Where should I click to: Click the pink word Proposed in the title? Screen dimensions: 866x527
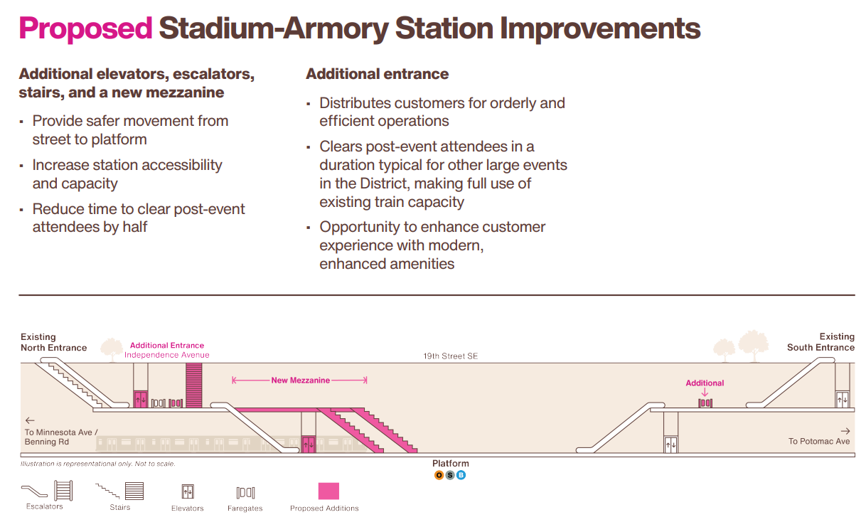click(x=85, y=29)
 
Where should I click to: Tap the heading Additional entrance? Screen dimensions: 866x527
click(x=377, y=74)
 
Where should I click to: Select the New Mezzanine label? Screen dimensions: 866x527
click(x=300, y=380)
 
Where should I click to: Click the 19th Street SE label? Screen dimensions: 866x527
click(x=450, y=356)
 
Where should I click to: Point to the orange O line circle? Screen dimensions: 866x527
click(x=439, y=475)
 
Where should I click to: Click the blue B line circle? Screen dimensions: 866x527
click(x=461, y=475)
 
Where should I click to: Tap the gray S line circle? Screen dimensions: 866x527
click(x=449, y=475)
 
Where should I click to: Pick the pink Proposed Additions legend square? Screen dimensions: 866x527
click(x=328, y=491)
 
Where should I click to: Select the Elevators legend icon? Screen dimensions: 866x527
click(x=188, y=492)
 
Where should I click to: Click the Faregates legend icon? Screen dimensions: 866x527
click(x=245, y=493)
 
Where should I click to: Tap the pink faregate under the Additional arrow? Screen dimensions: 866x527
click(x=705, y=403)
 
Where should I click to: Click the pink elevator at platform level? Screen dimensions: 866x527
click(x=308, y=445)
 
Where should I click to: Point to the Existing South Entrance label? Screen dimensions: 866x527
click(x=820, y=342)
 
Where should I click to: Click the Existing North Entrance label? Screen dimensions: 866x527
click(x=54, y=342)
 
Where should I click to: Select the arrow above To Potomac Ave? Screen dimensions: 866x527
click(x=845, y=431)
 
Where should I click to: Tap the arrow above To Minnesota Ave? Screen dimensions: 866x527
click(x=30, y=420)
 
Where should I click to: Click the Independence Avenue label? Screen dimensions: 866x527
click(x=166, y=355)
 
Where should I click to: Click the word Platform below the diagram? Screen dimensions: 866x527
click(x=450, y=463)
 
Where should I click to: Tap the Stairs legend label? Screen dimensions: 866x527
click(x=120, y=507)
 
